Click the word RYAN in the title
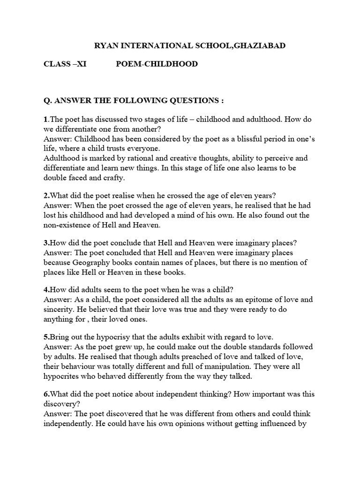click(106, 45)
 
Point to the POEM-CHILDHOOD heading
click(157, 64)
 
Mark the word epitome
click(254, 299)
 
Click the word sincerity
click(60, 309)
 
